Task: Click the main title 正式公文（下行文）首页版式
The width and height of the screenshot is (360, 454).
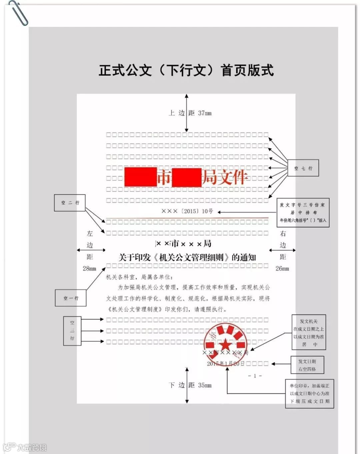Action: coord(186,70)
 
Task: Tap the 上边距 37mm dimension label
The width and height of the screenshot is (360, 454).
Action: coord(190,113)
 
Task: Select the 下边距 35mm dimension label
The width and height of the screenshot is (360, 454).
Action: coord(190,385)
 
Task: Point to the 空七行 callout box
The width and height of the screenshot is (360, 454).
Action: coord(303,168)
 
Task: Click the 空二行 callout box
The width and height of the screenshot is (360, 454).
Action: coord(70,203)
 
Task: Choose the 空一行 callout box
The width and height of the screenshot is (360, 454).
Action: coord(71,298)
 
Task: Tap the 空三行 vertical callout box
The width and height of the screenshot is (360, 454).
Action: coord(72,331)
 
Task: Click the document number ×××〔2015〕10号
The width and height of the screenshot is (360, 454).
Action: coord(187,211)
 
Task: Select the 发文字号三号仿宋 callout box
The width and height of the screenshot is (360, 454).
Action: coord(303,212)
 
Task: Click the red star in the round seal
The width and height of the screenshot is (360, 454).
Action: coord(225,344)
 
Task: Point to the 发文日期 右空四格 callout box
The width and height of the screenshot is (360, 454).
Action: coord(307,365)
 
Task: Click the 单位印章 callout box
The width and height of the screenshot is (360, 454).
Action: coord(309,394)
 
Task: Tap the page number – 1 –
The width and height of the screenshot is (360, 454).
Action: coord(255,376)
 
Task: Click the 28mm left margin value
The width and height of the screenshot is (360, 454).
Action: coord(89,269)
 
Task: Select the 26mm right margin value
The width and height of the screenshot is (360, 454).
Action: coord(282,269)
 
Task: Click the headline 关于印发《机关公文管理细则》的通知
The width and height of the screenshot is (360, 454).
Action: coord(187,258)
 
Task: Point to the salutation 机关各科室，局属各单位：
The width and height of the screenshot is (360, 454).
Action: coord(140,277)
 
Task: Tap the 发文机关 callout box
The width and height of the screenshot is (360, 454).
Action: coord(309,333)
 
